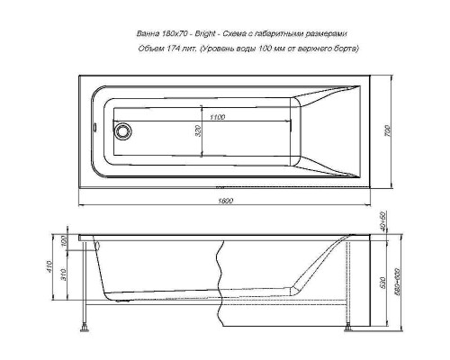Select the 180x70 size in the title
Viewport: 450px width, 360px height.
pyautogui.click(x=173, y=34)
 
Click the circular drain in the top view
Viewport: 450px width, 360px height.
pyautogui.click(x=123, y=130)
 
